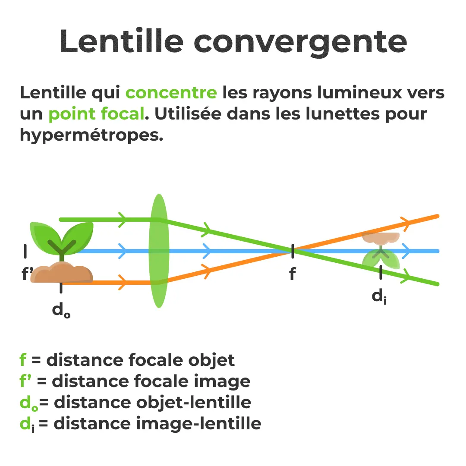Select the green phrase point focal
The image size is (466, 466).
click(96, 113)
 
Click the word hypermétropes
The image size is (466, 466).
click(91, 135)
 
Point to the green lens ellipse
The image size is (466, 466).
click(159, 251)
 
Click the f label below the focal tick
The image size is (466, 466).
click(293, 274)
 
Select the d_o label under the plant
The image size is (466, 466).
click(61, 310)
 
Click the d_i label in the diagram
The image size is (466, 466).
click(379, 296)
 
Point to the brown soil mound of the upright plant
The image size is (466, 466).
click(62, 273)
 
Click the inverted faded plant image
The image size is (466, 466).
click(381, 251)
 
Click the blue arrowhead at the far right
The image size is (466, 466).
click(406, 251)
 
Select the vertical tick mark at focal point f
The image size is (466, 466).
click(293, 251)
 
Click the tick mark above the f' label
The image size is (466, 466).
click(25, 251)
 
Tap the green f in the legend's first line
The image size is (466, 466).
click(23, 360)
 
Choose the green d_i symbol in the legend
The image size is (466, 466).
click(27, 424)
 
